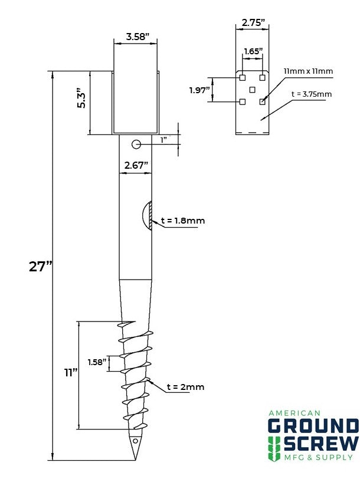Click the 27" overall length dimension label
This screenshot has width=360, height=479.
[x=41, y=267]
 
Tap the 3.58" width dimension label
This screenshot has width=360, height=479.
[x=138, y=37]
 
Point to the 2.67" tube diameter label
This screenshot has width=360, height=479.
[x=136, y=166]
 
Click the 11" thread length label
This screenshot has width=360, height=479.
[x=71, y=373]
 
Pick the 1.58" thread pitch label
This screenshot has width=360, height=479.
[x=97, y=362]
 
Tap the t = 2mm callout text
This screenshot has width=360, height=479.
[x=185, y=387]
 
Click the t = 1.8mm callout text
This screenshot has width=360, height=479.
[x=183, y=220]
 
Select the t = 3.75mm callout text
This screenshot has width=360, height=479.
[x=312, y=94]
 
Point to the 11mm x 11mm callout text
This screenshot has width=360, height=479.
[x=308, y=71]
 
